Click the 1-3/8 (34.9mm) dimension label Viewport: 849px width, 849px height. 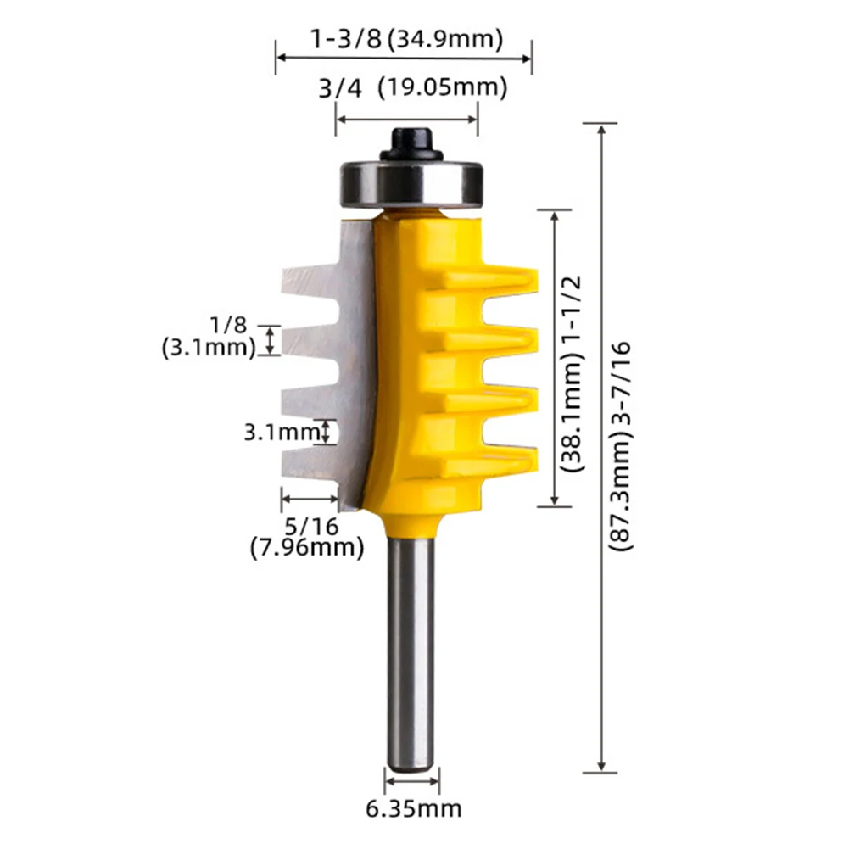406,39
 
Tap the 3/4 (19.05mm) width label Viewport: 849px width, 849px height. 413,87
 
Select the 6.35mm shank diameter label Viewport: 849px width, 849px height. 414,809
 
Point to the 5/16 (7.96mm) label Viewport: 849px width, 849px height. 307,537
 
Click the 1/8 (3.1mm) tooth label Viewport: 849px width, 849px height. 209,337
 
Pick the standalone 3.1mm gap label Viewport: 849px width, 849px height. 281,432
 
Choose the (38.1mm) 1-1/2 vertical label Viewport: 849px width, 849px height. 572,373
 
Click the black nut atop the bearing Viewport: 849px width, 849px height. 411,144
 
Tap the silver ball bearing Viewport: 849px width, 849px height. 411,184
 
